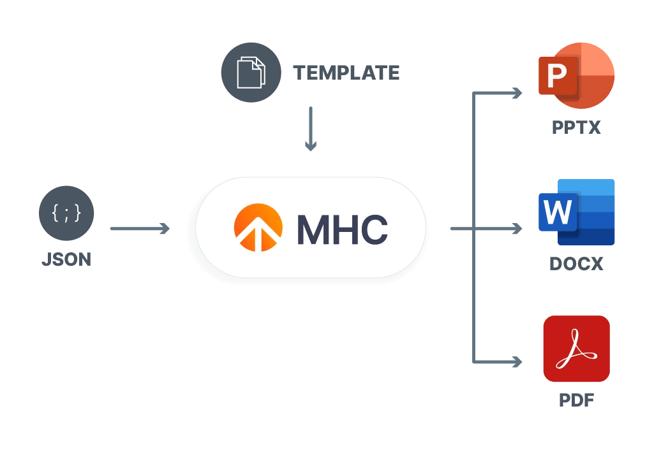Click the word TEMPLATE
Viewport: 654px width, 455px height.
[x=346, y=73]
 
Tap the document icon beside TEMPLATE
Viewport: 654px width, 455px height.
[x=250, y=73]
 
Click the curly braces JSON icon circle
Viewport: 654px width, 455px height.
[x=66, y=213]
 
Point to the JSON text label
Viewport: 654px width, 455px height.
[x=66, y=259]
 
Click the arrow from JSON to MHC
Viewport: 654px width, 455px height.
[x=140, y=228]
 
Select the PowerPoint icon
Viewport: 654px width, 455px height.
[x=577, y=76]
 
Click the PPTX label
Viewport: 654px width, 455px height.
[x=576, y=127]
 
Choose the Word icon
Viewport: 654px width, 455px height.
[x=577, y=212]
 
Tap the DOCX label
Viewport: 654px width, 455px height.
[x=576, y=263]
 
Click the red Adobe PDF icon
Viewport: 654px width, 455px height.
[x=576, y=349]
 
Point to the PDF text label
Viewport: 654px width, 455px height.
[x=576, y=400]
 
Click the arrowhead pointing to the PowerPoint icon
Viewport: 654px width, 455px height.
[x=516, y=93]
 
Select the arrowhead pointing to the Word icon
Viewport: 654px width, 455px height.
[x=516, y=228]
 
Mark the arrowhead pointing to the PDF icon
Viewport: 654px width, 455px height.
[x=516, y=362]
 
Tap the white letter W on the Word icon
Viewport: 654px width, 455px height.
[x=558, y=212]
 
